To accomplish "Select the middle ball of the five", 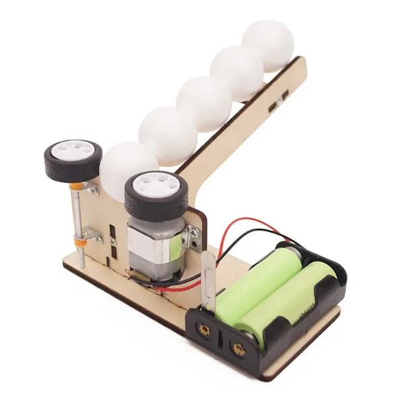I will coord(204,103).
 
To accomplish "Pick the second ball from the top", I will coord(236,73).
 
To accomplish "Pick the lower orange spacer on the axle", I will coord(81,238).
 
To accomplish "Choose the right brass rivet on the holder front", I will coord(237,349).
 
